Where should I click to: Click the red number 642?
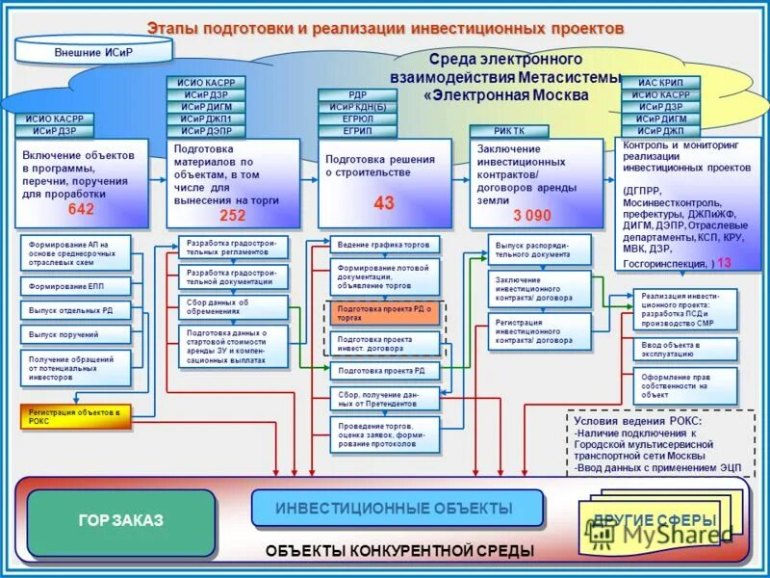pos(81,210)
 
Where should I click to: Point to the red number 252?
pos(233,216)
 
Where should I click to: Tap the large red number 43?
pos(384,203)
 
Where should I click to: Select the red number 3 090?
pos(531,216)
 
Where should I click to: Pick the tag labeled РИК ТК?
pos(509,131)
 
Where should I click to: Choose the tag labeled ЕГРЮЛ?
pos(357,119)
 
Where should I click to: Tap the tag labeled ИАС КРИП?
pos(660,83)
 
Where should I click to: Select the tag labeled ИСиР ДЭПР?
pos(207,131)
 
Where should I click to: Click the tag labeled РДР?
pos(357,94)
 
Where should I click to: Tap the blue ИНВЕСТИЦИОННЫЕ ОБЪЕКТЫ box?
pos(395,508)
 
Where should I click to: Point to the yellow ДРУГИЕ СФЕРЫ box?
pos(654,521)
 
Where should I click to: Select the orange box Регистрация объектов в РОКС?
pos(73,416)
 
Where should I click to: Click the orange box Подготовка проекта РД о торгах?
pos(384,312)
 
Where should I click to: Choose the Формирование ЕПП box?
pos(74,286)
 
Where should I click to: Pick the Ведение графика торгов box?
pos(384,245)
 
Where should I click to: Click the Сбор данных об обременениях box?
pos(232,307)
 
